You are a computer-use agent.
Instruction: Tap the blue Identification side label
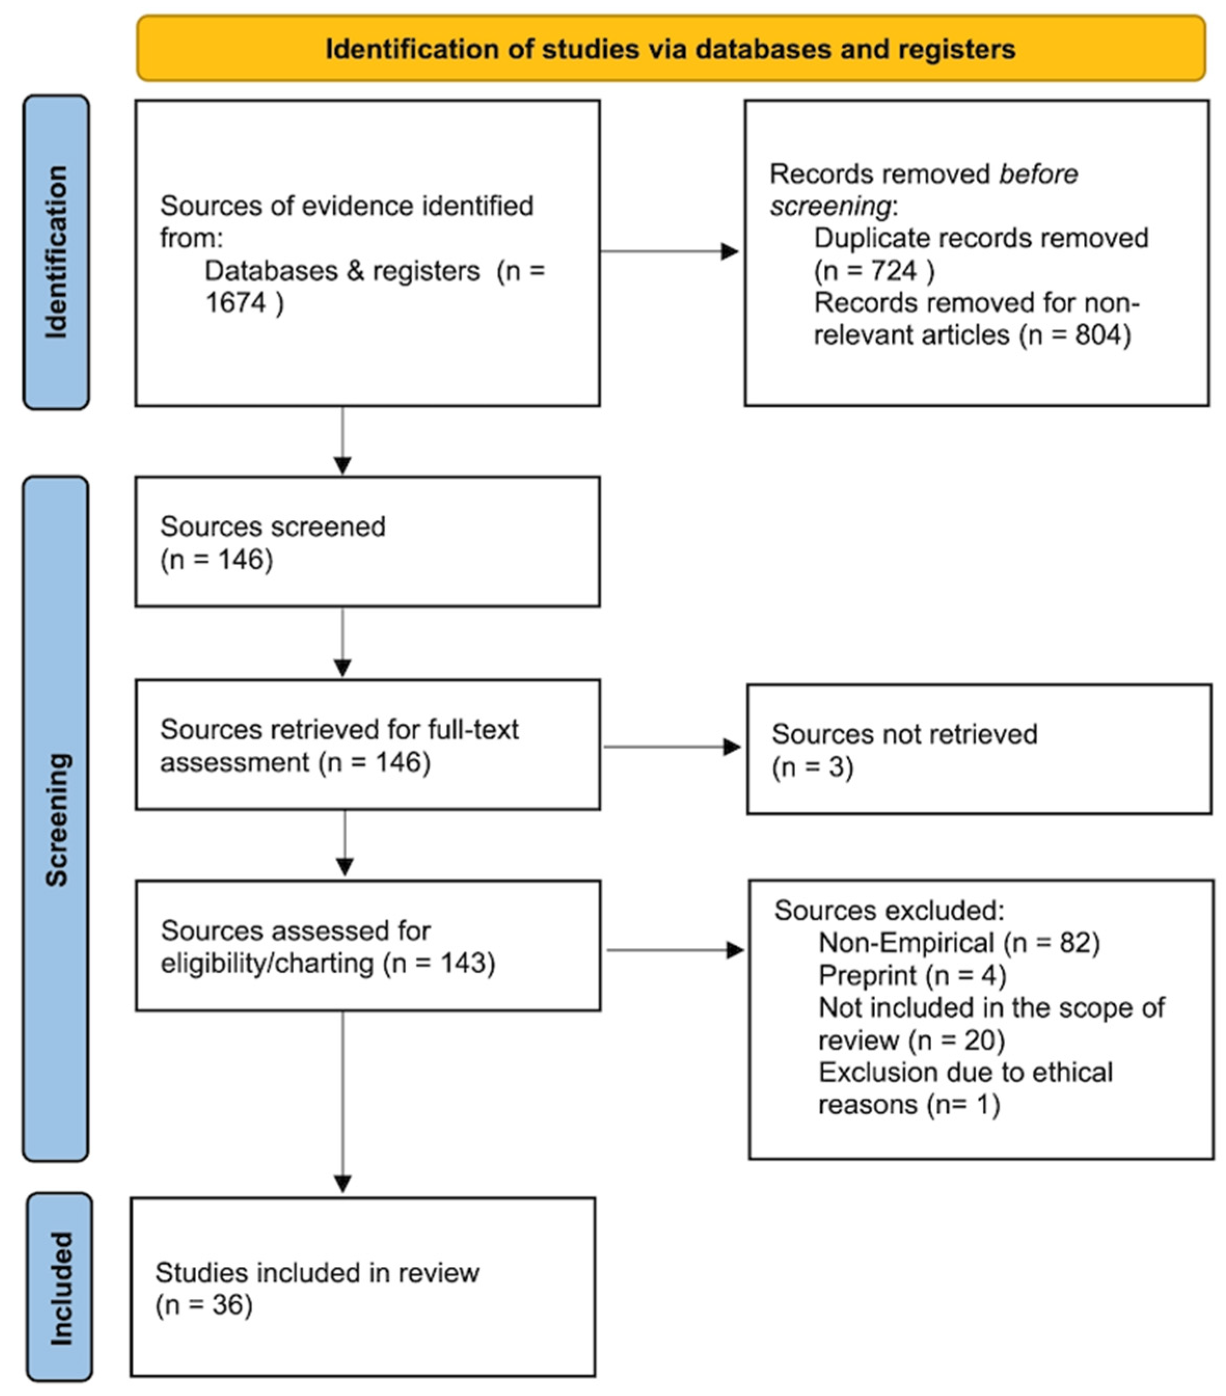coord(57,252)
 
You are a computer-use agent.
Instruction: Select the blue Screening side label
coord(57,819)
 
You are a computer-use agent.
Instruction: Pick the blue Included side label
coord(60,1288)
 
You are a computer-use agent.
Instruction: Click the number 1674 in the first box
coord(236,302)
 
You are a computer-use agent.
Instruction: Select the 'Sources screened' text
coord(273,527)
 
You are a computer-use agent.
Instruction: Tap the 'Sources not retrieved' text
coord(904,734)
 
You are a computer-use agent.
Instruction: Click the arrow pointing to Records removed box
coord(729,251)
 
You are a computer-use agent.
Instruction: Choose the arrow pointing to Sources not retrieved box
coord(731,747)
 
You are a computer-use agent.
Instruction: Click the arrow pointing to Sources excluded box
coord(734,950)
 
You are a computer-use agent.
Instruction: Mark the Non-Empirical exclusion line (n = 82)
coord(958,943)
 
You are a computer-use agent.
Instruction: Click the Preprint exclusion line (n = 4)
coord(911,975)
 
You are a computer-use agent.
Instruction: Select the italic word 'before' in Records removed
coord(1038,174)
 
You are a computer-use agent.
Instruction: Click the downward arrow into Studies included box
coord(343,1182)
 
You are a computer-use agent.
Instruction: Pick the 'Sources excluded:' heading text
coord(889,910)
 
